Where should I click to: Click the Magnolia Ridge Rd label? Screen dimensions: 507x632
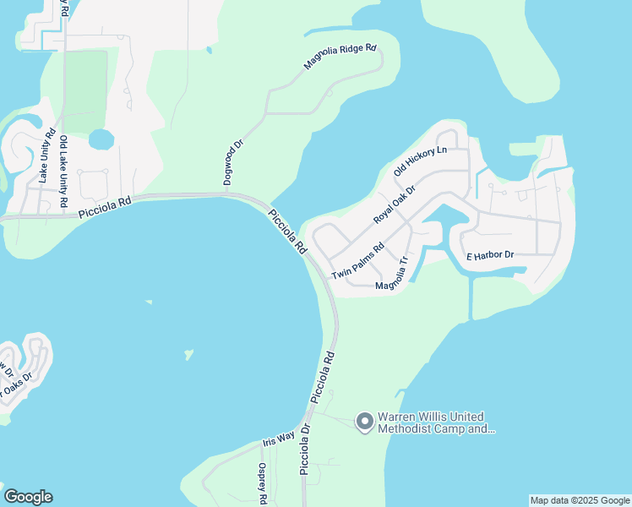[x=340, y=60]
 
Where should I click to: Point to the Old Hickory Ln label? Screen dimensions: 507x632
[x=420, y=161]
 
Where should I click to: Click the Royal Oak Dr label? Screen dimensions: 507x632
[x=395, y=206]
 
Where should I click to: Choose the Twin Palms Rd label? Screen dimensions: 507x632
[x=357, y=261]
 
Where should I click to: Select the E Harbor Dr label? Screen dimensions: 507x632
[x=490, y=254]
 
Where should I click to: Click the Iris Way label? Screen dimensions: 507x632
[x=278, y=439]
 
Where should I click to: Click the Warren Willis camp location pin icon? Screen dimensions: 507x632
[x=365, y=421]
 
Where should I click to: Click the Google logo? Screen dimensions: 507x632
[x=28, y=497]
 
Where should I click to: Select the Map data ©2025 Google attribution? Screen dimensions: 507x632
[x=580, y=500]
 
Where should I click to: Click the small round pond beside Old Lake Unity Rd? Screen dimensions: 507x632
[x=101, y=139]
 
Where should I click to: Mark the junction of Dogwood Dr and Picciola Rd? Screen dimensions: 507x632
[x=228, y=194]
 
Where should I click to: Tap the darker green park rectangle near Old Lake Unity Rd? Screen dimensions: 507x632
[x=84, y=91]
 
